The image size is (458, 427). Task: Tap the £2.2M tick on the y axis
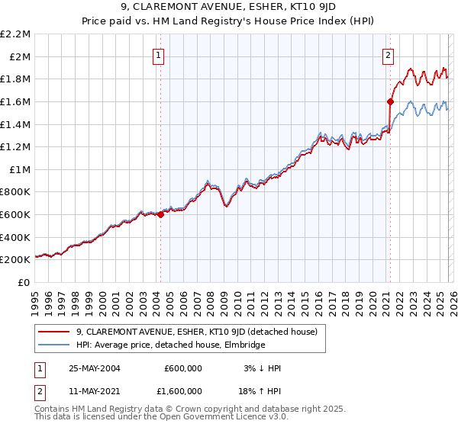[x=15, y=34]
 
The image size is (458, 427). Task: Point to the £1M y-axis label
[x=20, y=169]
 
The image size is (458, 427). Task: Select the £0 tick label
[x=24, y=282]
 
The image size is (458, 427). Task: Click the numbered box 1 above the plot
[x=158, y=55]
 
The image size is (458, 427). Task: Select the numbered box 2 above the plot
[x=388, y=55]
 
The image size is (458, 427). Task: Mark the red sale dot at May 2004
[x=161, y=215]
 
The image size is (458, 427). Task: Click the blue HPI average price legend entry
[x=170, y=345]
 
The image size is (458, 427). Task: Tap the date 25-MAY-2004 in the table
[x=94, y=368]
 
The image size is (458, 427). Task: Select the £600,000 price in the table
[x=183, y=368]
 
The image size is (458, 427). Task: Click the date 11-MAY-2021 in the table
[x=94, y=393]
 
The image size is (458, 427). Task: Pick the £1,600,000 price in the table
[x=179, y=393]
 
